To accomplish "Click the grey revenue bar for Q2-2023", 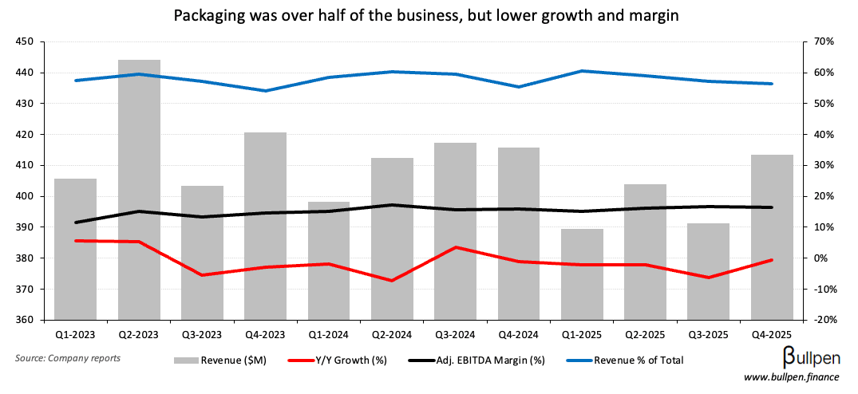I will [x=139, y=191].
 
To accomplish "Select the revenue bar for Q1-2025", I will [x=583, y=274].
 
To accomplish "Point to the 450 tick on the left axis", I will [x=24, y=41].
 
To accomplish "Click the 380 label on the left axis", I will [x=24, y=258].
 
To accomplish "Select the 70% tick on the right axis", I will [x=824, y=41].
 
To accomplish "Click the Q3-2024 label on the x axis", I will [x=456, y=333].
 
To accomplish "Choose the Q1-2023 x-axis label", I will [x=76, y=333].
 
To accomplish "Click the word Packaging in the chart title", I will [x=206, y=15].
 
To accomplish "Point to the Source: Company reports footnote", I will [x=68, y=358].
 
